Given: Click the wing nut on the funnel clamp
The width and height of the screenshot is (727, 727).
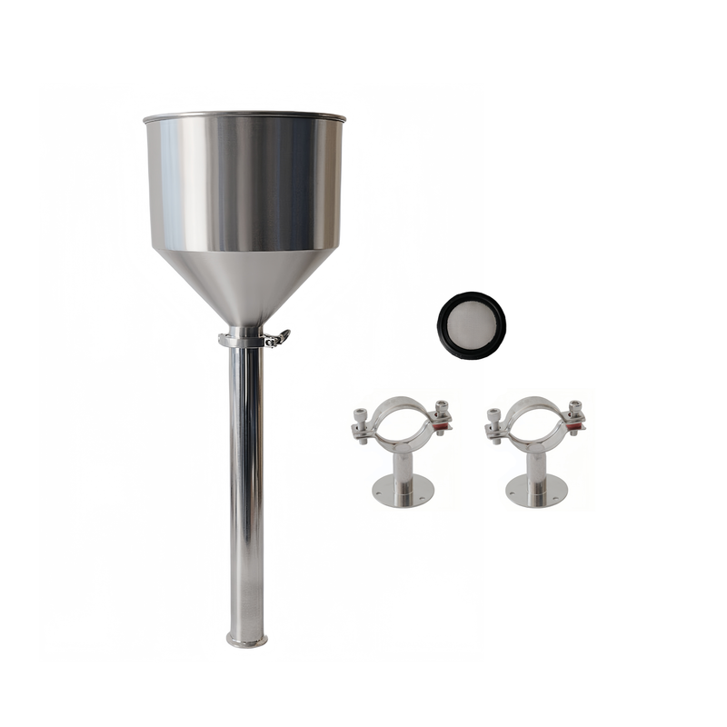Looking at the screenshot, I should pos(280,338).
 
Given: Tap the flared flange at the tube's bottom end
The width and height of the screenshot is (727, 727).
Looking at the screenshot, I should pos(246,641).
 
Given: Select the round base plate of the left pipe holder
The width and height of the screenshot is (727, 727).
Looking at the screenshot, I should pos(403,492).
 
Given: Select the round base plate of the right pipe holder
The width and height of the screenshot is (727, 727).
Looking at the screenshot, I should pos(536,492).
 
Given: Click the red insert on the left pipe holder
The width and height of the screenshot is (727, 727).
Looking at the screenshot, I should pos(441,425).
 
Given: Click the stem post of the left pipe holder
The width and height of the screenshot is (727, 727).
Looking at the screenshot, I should pos(403,468).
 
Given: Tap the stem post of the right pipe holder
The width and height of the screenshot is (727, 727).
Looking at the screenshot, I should pos(536,468).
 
